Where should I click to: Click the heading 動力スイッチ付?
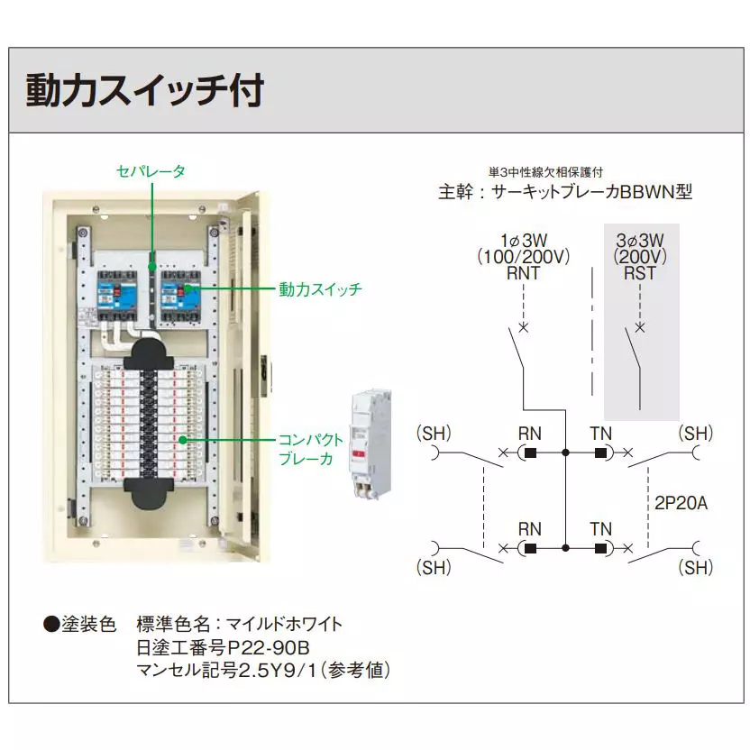point(144,91)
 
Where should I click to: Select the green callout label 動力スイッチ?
point(320,289)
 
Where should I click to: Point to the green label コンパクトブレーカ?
point(311,449)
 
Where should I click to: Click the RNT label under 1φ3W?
point(524,272)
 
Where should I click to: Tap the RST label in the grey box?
point(640,272)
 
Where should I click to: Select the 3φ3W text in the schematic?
point(640,240)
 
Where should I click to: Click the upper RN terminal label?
point(530,434)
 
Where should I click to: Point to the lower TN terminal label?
point(601,529)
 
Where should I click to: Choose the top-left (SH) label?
point(434,433)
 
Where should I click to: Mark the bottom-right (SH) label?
point(697,568)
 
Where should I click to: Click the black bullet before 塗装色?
point(51,624)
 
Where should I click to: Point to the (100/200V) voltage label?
point(524,256)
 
